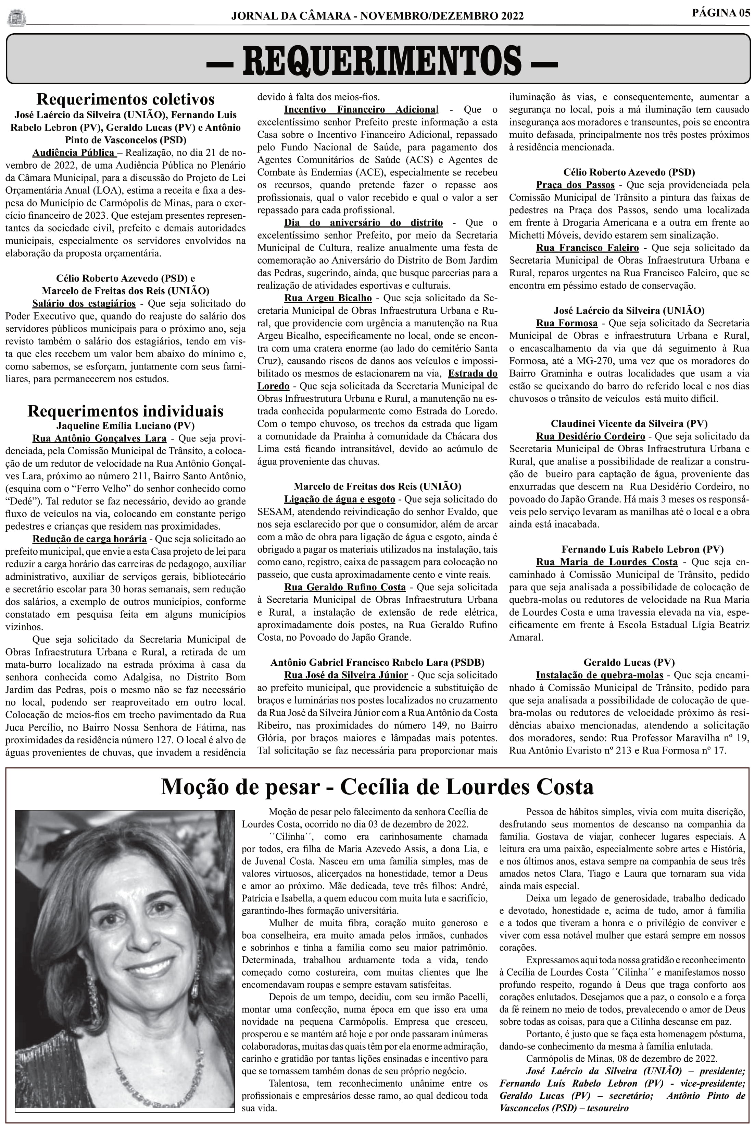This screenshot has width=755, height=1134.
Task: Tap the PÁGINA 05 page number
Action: coord(720,13)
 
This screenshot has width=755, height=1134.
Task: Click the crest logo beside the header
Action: coord(17,18)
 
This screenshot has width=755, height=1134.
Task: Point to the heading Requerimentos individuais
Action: coord(125,411)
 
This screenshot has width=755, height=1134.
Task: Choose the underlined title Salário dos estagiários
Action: coord(84,304)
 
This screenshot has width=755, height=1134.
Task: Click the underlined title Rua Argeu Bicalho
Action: coord(328,298)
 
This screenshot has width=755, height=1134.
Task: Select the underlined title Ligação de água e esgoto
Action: coord(339,499)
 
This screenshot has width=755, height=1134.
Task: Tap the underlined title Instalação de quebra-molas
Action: coord(600,675)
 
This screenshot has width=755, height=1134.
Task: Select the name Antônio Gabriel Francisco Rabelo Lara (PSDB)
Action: coord(377,663)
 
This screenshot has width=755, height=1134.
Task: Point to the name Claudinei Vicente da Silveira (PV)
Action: coord(629,424)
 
